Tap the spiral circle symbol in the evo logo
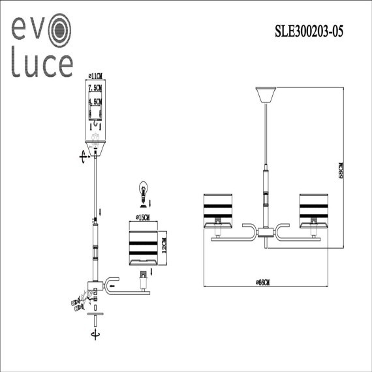point(57,29)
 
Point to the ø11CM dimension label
point(96,77)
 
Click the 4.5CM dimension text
point(97,102)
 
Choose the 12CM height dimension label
point(164,246)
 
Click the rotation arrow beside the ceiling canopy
point(82,155)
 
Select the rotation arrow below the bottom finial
point(97,333)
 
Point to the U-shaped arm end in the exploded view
point(112,283)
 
